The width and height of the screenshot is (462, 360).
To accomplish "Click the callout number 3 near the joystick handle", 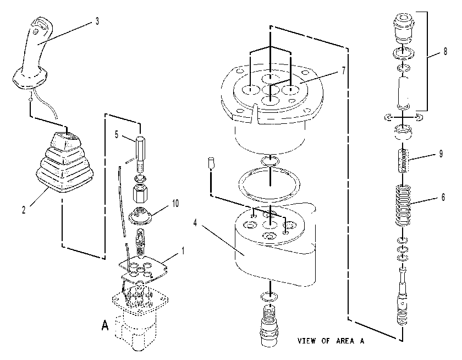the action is coord(97,21).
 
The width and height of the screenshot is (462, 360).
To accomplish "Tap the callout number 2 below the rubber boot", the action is coord(24,210).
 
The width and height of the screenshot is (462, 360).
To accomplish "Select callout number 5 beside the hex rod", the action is coord(117,135).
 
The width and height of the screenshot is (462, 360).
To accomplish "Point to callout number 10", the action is coord(175,203).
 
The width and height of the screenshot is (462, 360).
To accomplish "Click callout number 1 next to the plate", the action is coord(183,251).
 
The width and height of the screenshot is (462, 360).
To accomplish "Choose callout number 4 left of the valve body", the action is coord(195,223).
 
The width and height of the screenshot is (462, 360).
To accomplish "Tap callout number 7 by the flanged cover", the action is coord(344,71).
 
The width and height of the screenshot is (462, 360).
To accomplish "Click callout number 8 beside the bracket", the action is coord(445,51).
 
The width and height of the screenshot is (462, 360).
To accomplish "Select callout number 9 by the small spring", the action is coord(441,154).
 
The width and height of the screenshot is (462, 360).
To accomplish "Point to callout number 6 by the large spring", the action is coord(443,197).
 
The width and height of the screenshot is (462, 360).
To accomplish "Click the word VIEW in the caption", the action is coord(307,341).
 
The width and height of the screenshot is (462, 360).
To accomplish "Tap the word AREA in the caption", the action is coord(345,341).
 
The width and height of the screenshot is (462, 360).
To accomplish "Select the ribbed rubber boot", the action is coord(64,163).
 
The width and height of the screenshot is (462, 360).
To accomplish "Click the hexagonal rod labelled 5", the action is coord(140,155).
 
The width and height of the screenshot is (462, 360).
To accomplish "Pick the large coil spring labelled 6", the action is coord(403,205).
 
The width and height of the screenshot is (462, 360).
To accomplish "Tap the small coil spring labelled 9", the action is coord(403,161).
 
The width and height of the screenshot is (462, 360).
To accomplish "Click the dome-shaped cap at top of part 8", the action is coord(403,28).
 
